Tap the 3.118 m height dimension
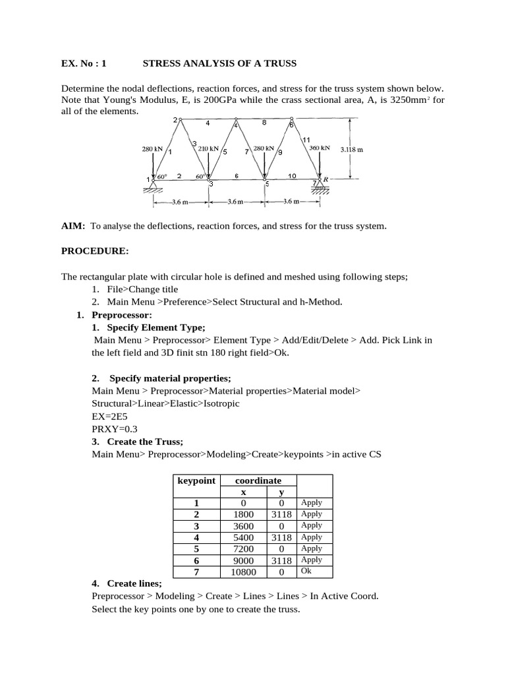point(352,150)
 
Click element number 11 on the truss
point(306,140)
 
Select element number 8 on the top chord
point(264,122)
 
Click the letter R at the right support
point(325,179)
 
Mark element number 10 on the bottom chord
point(292,176)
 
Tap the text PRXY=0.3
point(115,429)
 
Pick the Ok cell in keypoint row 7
point(306,571)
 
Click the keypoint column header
point(196,481)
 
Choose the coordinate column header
point(258,481)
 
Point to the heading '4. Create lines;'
point(126,583)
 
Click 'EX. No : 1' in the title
point(84,64)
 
